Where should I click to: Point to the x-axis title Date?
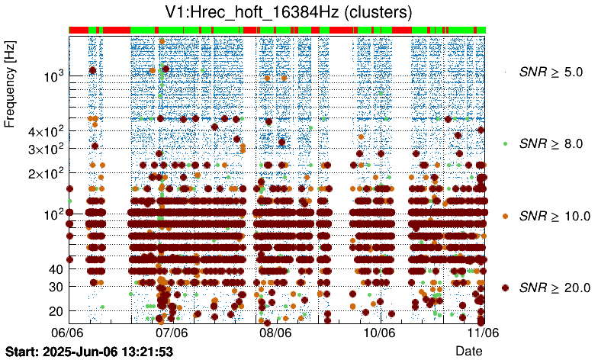(468, 350)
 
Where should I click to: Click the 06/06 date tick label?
(67, 333)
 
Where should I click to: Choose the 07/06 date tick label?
(172, 333)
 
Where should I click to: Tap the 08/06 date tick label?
(275, 333)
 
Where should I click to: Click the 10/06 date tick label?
(379, 333)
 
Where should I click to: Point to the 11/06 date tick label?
(483, 333)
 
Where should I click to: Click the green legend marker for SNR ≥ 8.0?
(505, 143)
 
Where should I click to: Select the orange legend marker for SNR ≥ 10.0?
(505, 216)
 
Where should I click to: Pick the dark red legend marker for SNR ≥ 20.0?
(505, 288)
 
